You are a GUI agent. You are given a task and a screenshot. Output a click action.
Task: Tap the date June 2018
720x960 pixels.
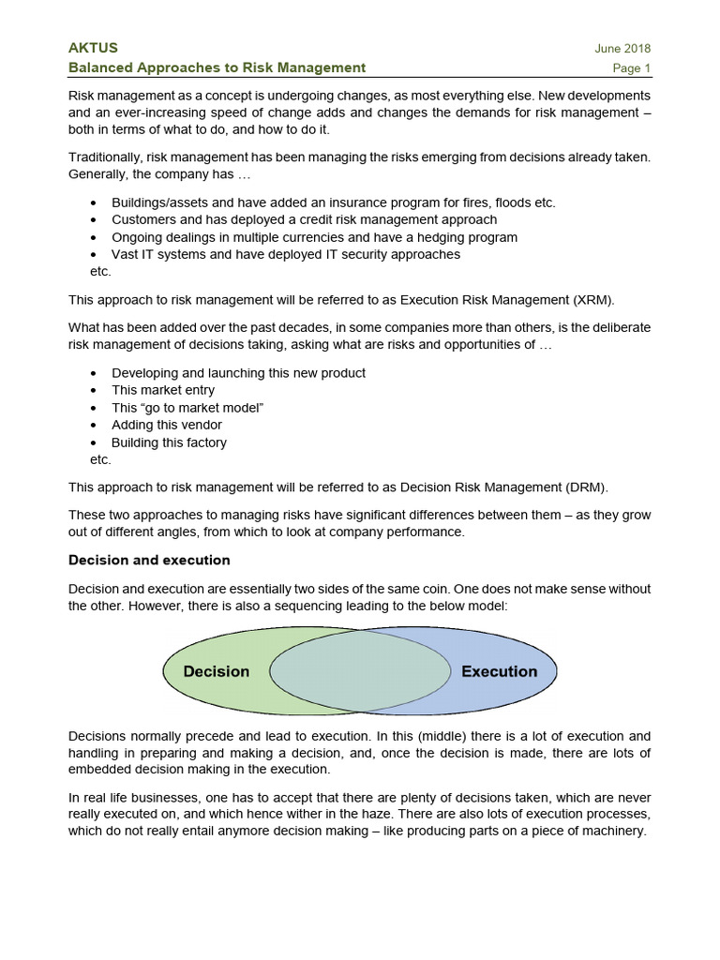tap(622, 49)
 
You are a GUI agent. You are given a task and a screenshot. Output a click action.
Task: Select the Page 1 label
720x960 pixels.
tap(632, 67)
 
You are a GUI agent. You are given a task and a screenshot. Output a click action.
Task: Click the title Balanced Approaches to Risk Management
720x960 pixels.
tap(217, 67)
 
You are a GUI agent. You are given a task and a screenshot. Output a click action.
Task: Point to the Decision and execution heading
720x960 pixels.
tap(149, 560)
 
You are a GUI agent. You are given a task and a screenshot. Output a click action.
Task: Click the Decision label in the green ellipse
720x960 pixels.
tap(217, 671)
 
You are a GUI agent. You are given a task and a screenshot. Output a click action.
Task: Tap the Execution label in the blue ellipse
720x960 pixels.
tap(499, 671)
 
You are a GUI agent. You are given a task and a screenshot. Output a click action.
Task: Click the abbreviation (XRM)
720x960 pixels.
tap(588, 300)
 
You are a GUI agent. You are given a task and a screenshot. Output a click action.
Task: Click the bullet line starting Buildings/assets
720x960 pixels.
tap(333, 202)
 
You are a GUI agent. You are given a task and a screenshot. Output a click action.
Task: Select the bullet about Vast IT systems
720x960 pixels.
tap(285, 254)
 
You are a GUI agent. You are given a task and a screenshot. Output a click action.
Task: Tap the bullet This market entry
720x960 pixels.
tap(163, 390)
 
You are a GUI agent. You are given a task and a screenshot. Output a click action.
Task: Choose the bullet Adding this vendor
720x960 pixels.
tap(167, 425)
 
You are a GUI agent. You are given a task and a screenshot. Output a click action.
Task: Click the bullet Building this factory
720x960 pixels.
tap(169, 442)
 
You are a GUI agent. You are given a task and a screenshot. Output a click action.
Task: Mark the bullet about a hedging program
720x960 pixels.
tap(314, 237)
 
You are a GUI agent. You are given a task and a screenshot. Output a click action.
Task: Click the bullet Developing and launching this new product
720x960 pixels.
tap(238, 372)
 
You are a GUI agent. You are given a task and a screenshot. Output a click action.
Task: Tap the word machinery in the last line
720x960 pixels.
tap(614, 831)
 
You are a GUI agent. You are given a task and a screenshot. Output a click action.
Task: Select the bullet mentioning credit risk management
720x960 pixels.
tap(304, 219)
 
